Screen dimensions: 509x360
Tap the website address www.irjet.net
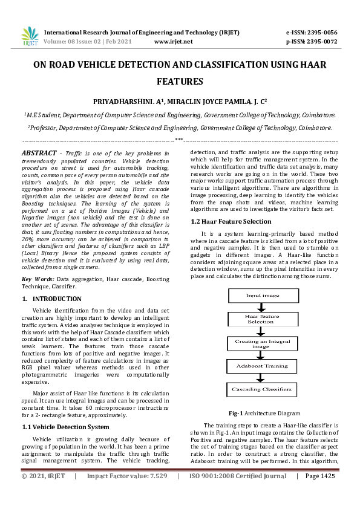(174, 41)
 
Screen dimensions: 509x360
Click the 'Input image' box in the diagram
(262, 296)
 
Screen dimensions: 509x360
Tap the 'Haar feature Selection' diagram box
(262, 319)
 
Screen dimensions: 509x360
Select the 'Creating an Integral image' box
(262, 343)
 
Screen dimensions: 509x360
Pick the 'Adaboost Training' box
(262, 366)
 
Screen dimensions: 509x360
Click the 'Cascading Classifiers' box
(262, 389)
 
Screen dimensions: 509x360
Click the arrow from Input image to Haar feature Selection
(262, 306)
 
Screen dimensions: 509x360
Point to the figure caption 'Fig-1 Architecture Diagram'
(264, 413)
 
